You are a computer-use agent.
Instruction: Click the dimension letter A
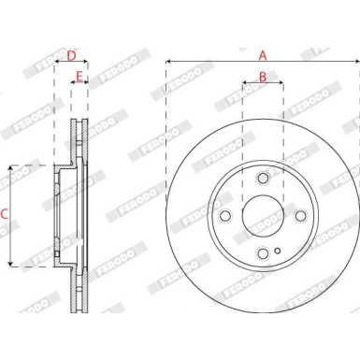pos(263,55)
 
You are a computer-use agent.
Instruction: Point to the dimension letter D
pos(71,55)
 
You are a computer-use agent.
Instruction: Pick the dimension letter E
pos(79,76)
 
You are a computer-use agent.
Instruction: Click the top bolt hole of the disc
pos(263,179)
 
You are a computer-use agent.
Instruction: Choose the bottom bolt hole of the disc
pos(263,253)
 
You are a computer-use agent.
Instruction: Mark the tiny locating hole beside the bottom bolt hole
pos(278,250)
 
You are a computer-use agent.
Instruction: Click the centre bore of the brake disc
pos(263,216)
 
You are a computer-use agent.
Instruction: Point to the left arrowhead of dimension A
pos(168,64)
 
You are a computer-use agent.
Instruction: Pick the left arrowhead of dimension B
pos(244,84)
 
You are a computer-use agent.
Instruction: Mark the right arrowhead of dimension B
pos(281,84)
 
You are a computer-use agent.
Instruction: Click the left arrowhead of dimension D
pos(57,64)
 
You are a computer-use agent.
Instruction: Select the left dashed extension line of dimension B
pos(242,140)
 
